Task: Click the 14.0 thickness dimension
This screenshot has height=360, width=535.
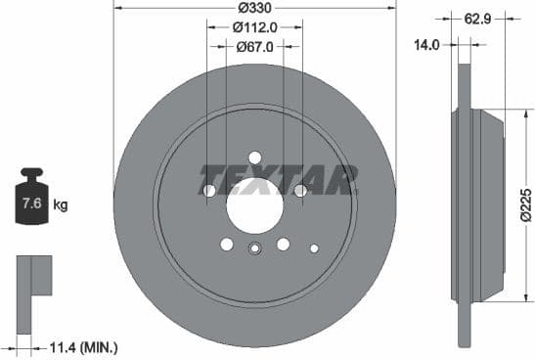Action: click(425, 44)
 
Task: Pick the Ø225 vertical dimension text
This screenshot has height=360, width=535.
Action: click(524, 204)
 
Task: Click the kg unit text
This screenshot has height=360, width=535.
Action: click(61, 205)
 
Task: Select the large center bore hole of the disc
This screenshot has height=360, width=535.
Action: click(254, 206)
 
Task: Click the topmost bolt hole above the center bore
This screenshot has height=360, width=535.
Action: click(254, 157)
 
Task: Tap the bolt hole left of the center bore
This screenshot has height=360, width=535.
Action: click(207, 190)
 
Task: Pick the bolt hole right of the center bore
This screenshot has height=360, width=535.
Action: click(301, 190)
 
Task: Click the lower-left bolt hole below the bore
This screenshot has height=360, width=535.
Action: click(226, 245)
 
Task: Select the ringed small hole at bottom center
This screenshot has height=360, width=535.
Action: click(254, 247)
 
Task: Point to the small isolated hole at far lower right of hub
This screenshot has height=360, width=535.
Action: click(313, 247)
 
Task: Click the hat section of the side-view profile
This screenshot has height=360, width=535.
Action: click(484, 204)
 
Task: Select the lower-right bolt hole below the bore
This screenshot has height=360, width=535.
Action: click(283, 245)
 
